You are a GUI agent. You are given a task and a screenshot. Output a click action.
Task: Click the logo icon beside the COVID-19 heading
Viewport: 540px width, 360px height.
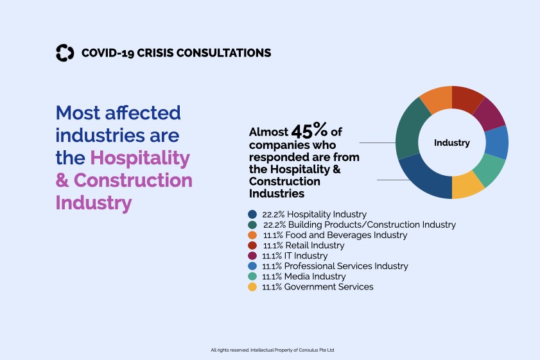65,53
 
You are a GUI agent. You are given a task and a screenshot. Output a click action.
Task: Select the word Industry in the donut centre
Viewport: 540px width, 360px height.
451,143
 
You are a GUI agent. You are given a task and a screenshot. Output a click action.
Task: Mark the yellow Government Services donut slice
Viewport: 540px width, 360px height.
467,187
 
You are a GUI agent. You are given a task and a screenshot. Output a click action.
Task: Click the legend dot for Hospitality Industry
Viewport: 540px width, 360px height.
252,214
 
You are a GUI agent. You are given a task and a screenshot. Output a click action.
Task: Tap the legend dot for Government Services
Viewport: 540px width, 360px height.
252,287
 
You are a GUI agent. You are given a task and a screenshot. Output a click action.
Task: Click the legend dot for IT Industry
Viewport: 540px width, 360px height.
252,255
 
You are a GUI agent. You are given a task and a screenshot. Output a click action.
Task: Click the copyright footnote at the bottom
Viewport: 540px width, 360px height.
272,350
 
